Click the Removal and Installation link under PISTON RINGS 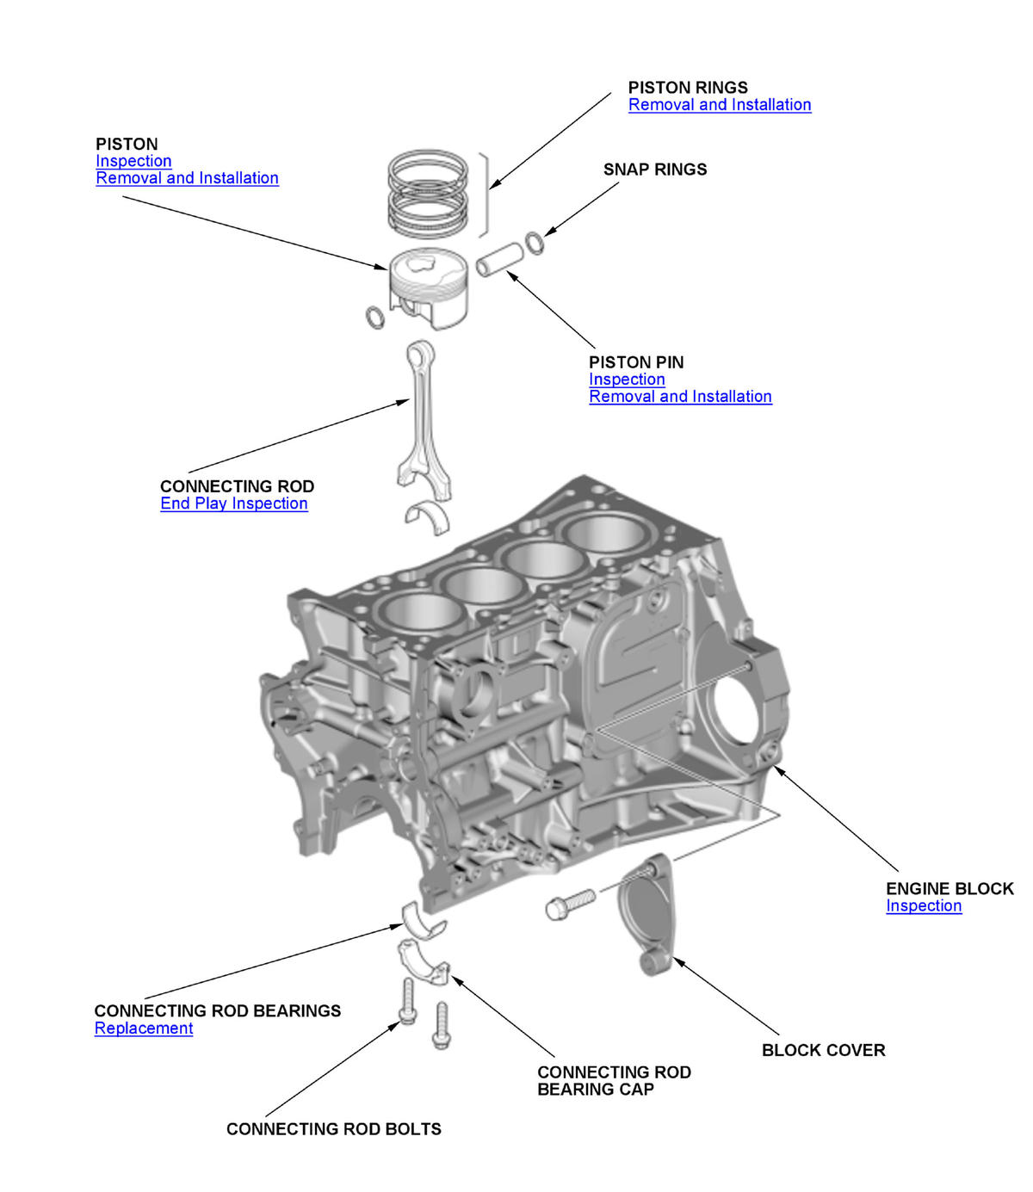tap(720, 105)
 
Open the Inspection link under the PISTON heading tap(133, 161)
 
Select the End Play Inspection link tap(233, 503)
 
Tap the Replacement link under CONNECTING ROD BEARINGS tap(144, 1028)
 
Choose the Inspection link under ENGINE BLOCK tap(924, 906)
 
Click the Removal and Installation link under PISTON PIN tap(680, 397)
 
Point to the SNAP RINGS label tap(654, 170)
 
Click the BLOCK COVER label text tap(823, 1050)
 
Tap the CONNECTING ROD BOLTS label tap(333, 1129)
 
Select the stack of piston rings tap(428, 195)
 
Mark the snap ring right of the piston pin tap(535, 243)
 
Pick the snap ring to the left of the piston tap(375, 317)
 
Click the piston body tap(428, 284)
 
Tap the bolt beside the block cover tap(569, 903)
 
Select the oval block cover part tap(646, 912)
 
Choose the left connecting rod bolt tap(407, 1002)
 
